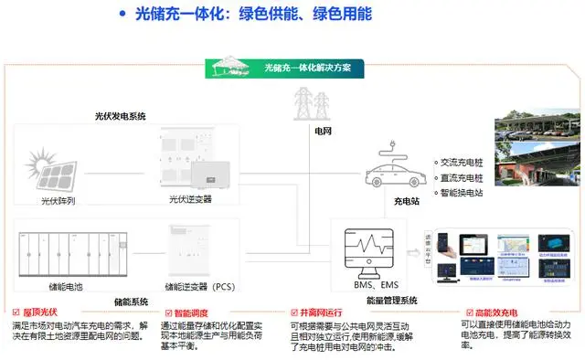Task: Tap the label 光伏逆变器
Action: [x=192, y=199]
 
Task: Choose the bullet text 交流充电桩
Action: [x=463, y=162]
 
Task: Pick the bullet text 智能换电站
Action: [x=463, y=193]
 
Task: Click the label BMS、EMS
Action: [x=375, y=286]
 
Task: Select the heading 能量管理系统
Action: [x=388, y=301]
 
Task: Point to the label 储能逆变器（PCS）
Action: [x=201, y=286]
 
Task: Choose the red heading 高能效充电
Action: [x=488, y=312]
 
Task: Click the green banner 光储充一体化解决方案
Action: [x=314, y=69]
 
